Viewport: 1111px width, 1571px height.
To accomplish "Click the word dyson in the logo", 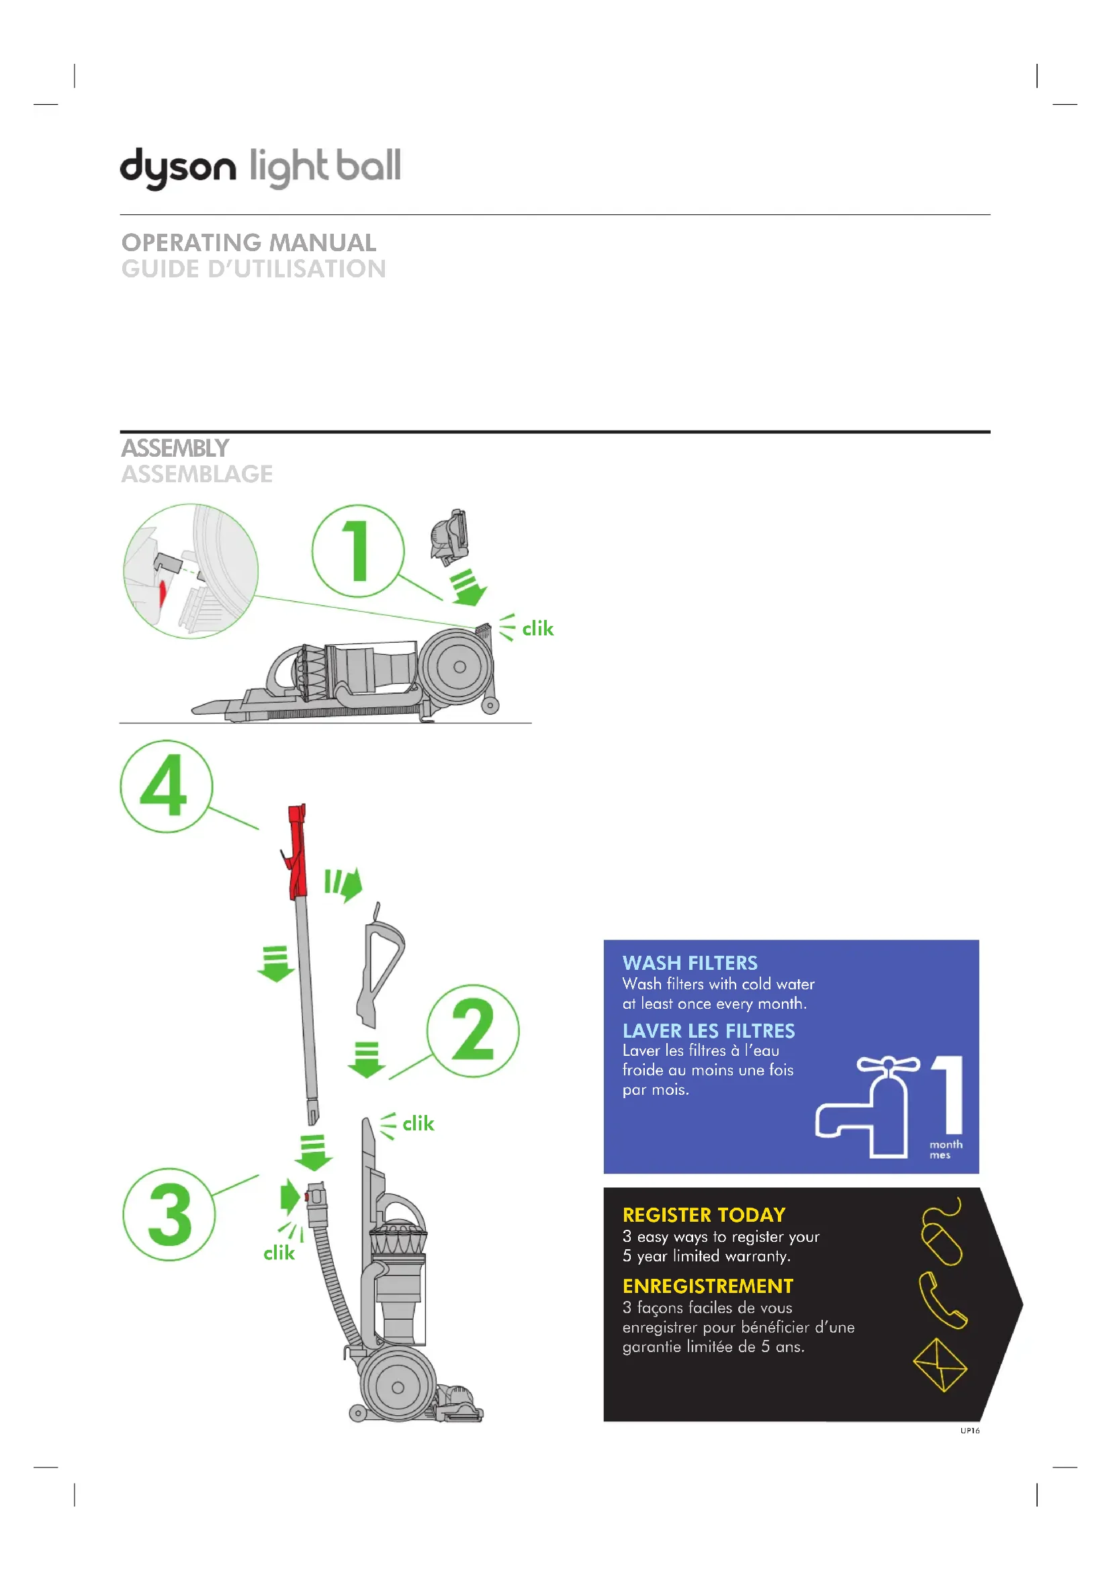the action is [x=178, y=167].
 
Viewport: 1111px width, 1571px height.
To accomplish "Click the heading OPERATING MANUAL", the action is [x=249, y=242].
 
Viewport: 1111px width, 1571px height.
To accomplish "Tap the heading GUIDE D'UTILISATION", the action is [x=254, y=269].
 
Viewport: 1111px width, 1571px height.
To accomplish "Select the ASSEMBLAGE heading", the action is [x=197, y=474].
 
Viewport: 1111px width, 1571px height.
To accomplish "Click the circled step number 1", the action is [x=358, y=551].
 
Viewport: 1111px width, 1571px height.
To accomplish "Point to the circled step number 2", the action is [x=473, y=1031].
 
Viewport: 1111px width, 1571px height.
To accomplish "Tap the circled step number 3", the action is [x=169, y=1214].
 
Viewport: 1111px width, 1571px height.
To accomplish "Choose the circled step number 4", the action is [x=166, y=787].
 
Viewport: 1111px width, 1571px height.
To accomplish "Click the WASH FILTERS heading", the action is [x=690, y=962].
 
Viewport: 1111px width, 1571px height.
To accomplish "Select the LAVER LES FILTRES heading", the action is [x=708, y=1030].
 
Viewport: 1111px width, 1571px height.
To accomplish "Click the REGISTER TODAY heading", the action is [x=704, y=1214].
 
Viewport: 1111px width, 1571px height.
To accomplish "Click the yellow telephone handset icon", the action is [x=942, y=1300].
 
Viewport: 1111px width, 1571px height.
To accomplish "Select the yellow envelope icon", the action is [x=940, y=1365].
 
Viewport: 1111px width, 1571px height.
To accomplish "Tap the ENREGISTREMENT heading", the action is [x=707, y=1286].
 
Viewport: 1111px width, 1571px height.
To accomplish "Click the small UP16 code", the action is [x=969, y=1431].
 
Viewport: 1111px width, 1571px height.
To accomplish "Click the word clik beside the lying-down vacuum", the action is [x=538, y=629].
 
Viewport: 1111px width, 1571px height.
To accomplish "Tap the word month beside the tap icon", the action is [x=946, y=1144].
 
